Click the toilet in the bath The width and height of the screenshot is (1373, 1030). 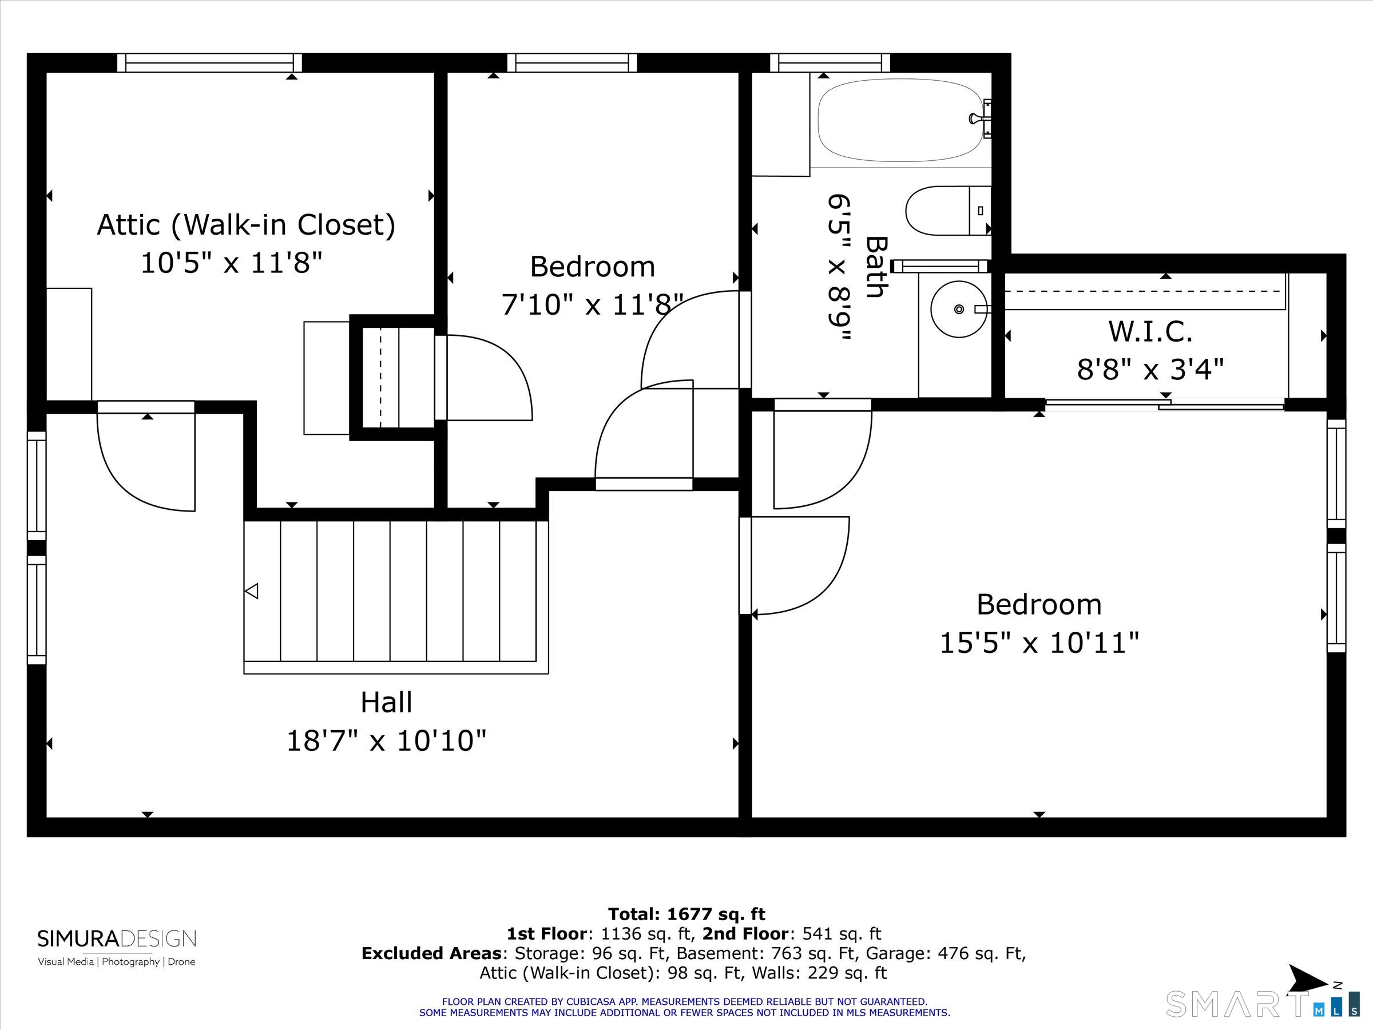948,211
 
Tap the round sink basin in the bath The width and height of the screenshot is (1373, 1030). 959,309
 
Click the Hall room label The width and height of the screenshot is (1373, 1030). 386,703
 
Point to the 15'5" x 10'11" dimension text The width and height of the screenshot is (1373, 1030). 1039,643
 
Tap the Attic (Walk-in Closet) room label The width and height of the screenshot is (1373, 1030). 247,225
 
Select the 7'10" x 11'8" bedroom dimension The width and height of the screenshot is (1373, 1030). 592,305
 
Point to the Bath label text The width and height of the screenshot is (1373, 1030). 876,267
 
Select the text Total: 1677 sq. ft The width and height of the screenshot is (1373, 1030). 687,914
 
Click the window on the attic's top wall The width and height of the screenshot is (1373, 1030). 210,63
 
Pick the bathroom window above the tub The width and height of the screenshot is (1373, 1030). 830,63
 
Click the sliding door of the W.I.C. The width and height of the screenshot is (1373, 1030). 1165,404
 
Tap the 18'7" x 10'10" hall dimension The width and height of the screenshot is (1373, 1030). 386,741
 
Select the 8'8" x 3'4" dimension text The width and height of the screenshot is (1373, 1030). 1150,370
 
